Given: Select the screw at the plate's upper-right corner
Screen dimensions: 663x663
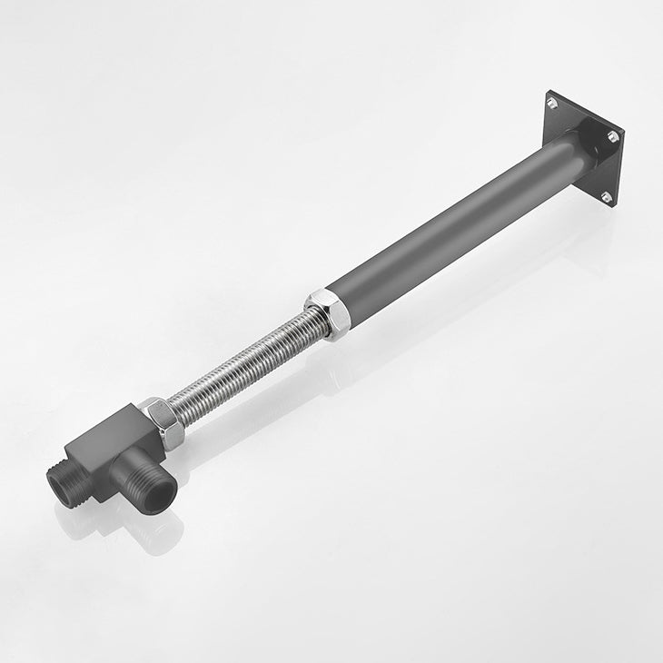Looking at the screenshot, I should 614,136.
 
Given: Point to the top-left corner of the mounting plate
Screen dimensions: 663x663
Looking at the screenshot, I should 548,92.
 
